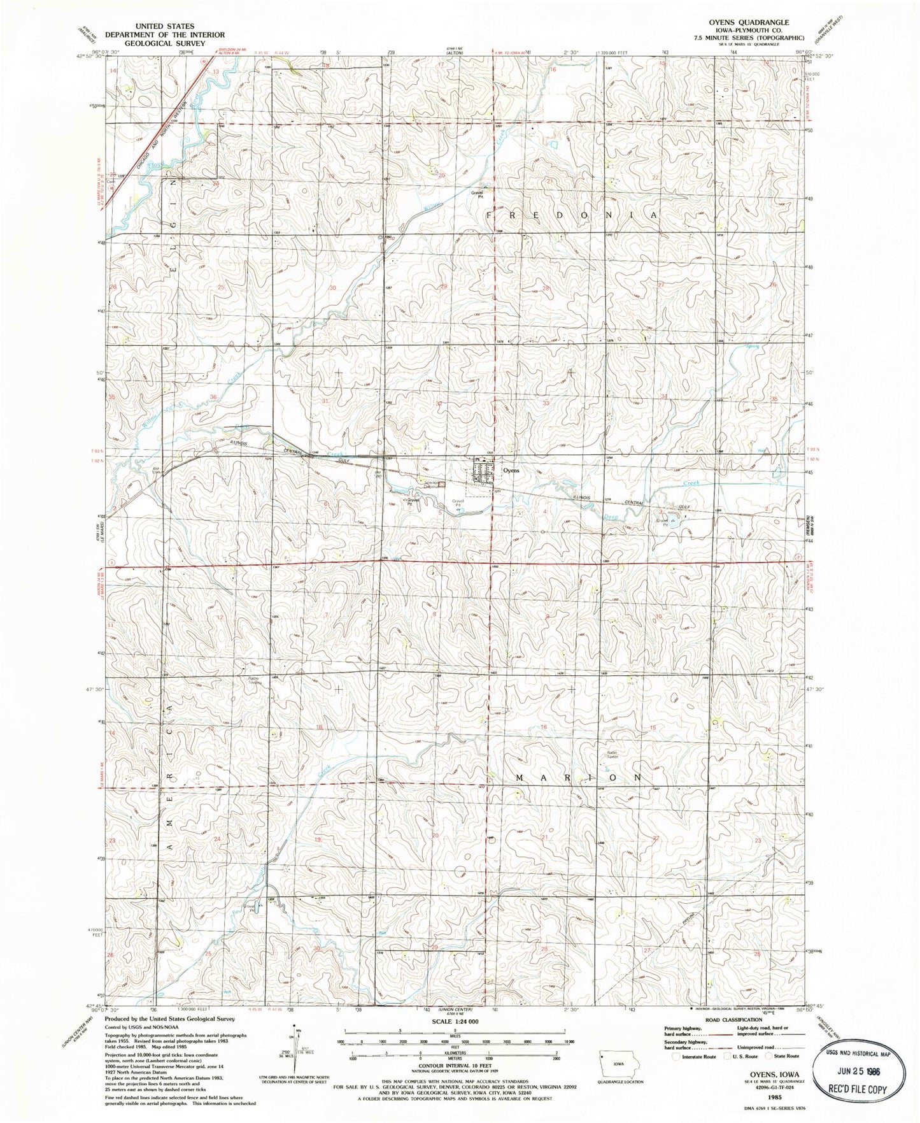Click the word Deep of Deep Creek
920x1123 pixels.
click(x=610, y=517)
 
